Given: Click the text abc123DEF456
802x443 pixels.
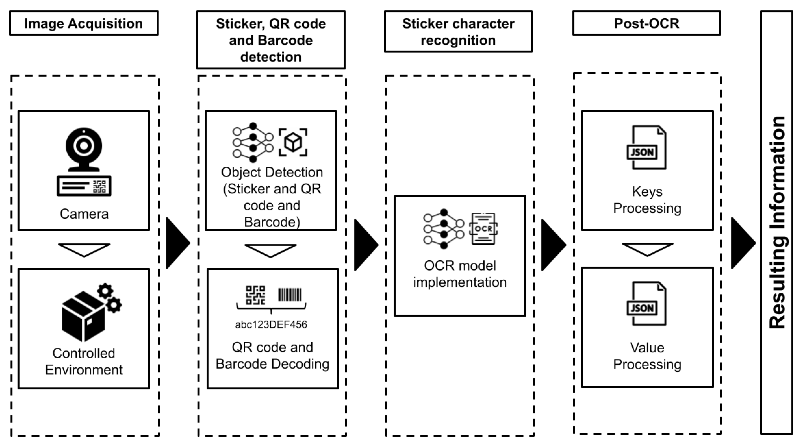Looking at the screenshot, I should coord(271,324).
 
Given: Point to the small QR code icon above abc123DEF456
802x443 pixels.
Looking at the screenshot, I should coord(255,295).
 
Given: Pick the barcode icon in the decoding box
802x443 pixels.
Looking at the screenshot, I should coord(290,295).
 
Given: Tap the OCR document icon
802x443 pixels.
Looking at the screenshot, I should coord(483,229).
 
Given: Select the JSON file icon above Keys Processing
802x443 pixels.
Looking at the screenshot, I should coord(647,147).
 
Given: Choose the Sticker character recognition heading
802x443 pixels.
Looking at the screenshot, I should coord(458,32).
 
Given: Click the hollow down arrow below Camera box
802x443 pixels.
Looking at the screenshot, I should coord(84,249).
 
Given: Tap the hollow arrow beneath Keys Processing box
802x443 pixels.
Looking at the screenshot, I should coord(647,249).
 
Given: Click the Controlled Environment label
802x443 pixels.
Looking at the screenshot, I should coord(84,361).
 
